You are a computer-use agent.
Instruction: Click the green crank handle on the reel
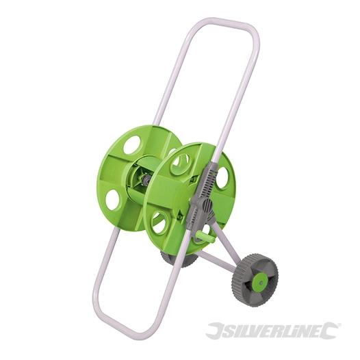click(x=199, y=236)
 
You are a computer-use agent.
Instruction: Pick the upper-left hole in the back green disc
click(x=131, y=144)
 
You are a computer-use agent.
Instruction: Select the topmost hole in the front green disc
click(x=181, y=163)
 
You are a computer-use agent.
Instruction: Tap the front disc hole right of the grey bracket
click(x=223, y=177)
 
